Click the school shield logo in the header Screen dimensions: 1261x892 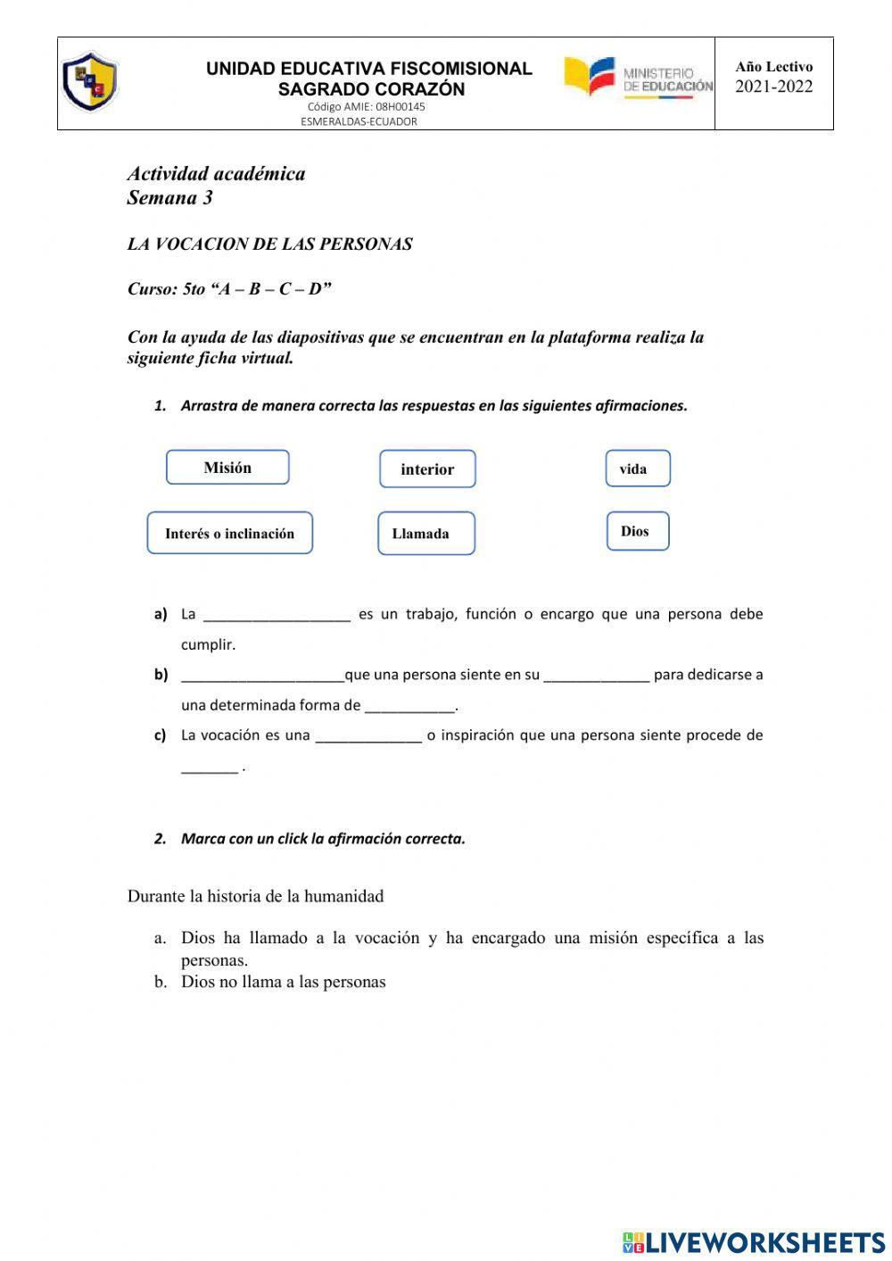pyautogui.click(x=89, y=81)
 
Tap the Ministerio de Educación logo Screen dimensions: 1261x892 pyautogui.click(x=638, y=79)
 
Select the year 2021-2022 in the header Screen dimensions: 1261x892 pyautogui.click(x=773, y=87)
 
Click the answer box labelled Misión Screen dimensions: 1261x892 pyautogui.click(x=227, y=468)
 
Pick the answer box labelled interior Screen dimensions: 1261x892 pyautogui.click(x=427, y=469)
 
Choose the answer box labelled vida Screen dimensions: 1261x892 pyautogui.click(x=637, y=469)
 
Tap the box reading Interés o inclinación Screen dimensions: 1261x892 pyautogui.click(x=229, y=534)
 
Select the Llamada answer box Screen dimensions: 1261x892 pyautogui.click(x=425, y=534)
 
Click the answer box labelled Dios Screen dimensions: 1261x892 pyautogui.click(x=637, y=531)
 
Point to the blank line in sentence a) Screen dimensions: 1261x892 pyautogui.click(x=277, y=616)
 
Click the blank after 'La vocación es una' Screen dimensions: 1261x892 pyautogui.click(x=368, y=737)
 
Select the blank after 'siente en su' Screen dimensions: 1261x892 pyautogui.click(x=596, y=676)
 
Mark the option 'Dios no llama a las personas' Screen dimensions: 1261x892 pyautogui.click(x=283, y=982)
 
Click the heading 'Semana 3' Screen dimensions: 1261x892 pyautogui.click(x=169, y=198)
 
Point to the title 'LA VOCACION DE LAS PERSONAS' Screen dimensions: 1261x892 pyautogui.click(x=269, y=245)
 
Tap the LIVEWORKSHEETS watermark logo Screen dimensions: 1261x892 pyautogui.click(x=754, y=1241)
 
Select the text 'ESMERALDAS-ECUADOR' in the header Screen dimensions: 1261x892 pyautogui.click(x=359, y=121)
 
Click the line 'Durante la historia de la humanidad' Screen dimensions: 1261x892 pyautogui.click(x=255, y=896)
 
